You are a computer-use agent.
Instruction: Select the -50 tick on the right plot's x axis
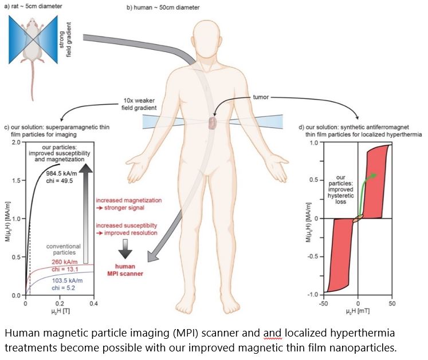tap(324, 303)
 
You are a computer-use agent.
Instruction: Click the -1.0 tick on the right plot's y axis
tap(313, 294)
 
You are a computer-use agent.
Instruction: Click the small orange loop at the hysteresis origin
tap(358, 218)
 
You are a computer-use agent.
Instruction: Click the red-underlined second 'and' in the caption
tap(275, 333)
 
